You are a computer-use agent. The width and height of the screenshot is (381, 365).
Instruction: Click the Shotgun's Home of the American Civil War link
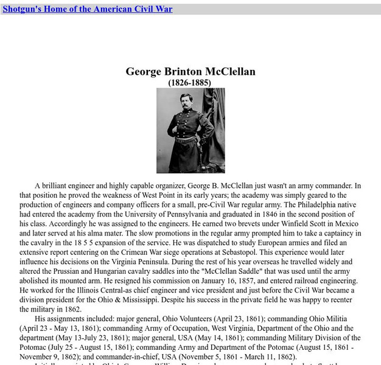point(88,9)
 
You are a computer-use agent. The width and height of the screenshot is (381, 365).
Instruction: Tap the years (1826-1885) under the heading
point(190,82)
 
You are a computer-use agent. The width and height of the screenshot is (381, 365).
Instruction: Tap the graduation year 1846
point(260,214)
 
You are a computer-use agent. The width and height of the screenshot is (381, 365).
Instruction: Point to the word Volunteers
point(189,319)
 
